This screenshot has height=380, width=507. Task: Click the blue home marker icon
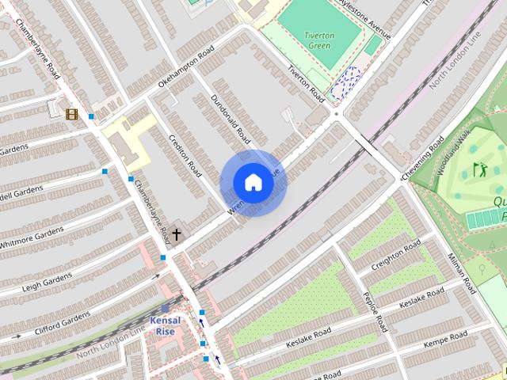point(253,183)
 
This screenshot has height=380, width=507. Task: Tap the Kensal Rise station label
point(166,325)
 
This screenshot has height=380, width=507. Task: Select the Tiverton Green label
point(319,40)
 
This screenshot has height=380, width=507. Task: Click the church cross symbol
point(176,234)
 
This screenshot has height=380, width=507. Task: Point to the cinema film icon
point(72,114)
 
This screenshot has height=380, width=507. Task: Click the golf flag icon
point(478,169)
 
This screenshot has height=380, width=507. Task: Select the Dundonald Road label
point(231,119)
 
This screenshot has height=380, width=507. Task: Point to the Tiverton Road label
point(306,83)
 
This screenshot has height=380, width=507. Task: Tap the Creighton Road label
point(398,255)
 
